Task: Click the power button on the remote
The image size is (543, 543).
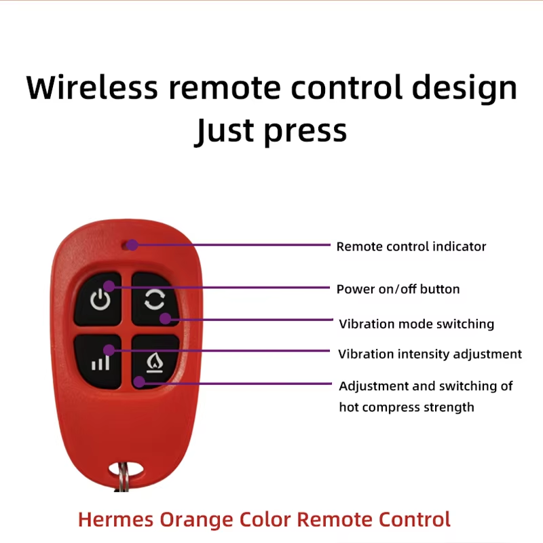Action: [x=98, y=299]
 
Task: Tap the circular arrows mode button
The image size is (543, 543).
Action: [x=155, y=299]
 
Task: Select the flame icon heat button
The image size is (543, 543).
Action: [x=155, y=362]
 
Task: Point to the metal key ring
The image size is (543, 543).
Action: [x=122, y=477]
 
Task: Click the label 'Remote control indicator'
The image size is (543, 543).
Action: [x=411, y=246]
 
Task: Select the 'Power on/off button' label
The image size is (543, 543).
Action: [x=398, y=289]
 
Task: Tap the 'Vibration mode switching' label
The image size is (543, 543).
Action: [x=417, y=324]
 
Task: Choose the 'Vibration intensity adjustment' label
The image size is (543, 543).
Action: [x=430, y=354]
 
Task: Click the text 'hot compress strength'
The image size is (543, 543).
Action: [x=407, y=407]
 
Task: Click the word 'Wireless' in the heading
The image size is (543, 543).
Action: [x=92, y=88]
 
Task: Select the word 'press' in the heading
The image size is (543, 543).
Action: [x=305, y=134]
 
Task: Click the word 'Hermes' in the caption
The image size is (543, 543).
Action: [x=115, y=519]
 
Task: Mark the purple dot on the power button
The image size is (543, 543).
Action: [x=109, y=286]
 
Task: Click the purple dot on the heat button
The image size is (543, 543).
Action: [x=139, y=381]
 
